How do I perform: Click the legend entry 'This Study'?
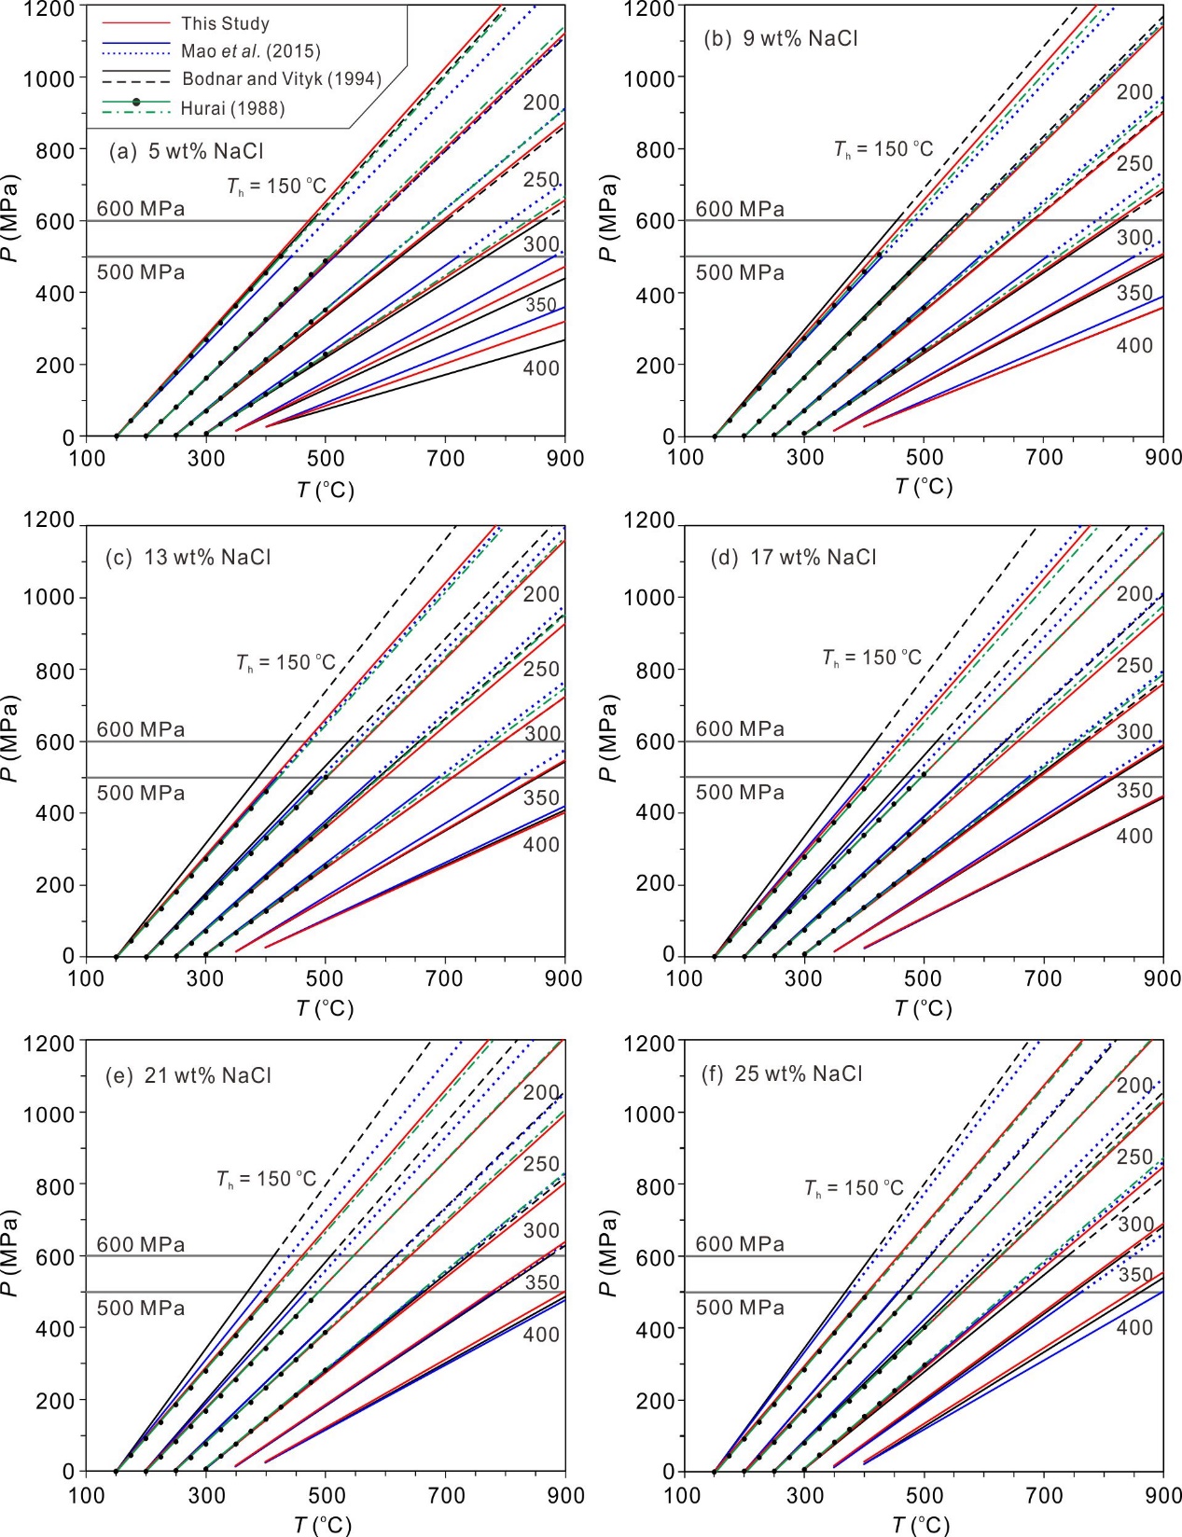coord(225,23)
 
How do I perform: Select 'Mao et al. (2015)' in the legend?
coord(250,51)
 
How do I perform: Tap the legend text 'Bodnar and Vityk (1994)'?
coord(282,79)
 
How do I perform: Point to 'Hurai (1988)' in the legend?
coord(232,108)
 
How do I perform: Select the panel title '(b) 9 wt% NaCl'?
coord(780,39)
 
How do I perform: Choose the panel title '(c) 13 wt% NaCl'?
coord(188,558)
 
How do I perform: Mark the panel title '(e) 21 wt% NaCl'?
coord(188,1076)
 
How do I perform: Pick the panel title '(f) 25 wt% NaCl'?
coord(782,1074)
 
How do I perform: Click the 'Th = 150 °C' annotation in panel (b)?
coord(883,149)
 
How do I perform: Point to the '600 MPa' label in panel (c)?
coord(141,729)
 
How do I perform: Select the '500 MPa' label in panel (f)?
coord(740,1308)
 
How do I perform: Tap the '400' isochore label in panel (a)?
coord(541,368)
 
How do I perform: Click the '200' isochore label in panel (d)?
coord(1135,594)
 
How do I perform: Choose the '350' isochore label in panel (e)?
coord(542,1282)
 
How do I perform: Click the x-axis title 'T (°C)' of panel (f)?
coord(922,1525)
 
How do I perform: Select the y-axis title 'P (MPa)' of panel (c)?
coord(11,737)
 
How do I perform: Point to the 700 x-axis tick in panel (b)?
coord(1044,457)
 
